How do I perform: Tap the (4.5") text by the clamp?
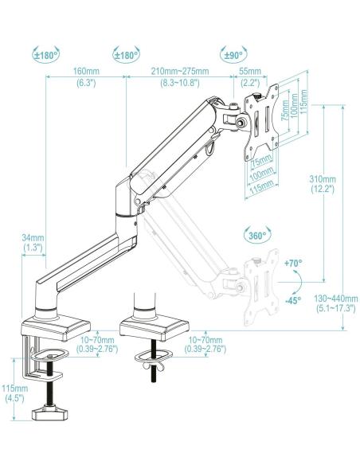pos(14,398)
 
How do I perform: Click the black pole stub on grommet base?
pos(145,303)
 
